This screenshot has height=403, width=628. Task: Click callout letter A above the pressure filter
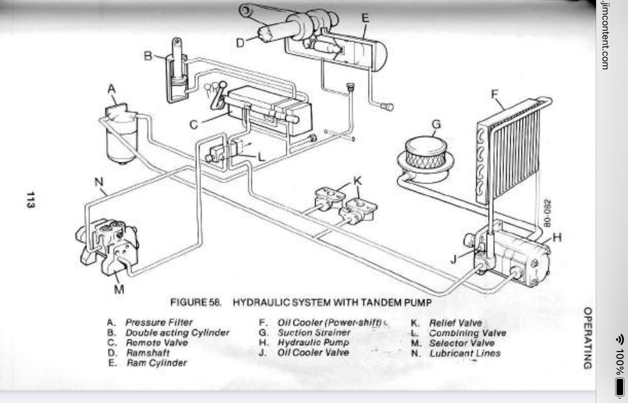click(x=112, y=89)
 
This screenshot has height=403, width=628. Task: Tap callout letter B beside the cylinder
click(x=148, y=56)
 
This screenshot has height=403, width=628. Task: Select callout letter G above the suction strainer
click(x=436, y=125)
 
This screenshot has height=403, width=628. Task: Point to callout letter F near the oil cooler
click(x=495, y=94)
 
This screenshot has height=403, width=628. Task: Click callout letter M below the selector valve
click(x=119, y=289)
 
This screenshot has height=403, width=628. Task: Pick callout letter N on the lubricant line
click(x=99, y=182)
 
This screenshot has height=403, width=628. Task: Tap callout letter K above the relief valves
click(x=357, y=181)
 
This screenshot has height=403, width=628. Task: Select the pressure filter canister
click(x=121, y=134)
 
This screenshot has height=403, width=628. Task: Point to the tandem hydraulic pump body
click(x=510, y=257)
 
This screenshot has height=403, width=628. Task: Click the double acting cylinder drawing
click(x=177, y=72)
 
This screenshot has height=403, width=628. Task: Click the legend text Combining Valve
click(x=467, y=333)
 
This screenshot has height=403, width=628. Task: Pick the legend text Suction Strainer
click(x=314, y=333)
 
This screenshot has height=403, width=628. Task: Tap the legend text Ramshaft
click(x=148, y=353)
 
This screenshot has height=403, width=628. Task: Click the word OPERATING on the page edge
click(x=588, y=338)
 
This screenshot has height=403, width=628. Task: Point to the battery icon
click(x=619, y=387)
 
